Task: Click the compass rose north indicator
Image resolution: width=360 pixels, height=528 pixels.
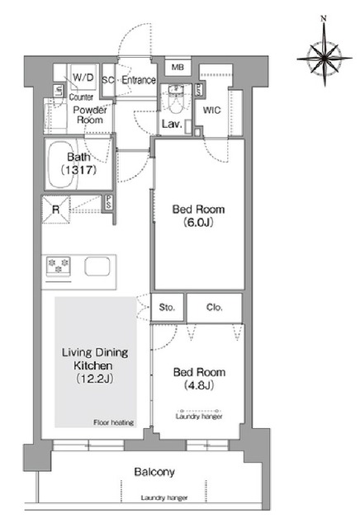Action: click(324, 18)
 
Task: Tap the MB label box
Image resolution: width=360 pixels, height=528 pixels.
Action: click(178, 67)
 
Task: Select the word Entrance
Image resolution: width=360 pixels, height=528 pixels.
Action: click(139, 80)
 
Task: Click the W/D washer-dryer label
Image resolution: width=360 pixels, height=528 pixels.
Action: click(83, 78)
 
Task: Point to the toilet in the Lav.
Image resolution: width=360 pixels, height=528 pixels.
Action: click(175, 99)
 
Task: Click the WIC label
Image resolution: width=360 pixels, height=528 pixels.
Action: click(211, 110)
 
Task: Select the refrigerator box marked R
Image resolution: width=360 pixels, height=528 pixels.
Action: click(55, 210)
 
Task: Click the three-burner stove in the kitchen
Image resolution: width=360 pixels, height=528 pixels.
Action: click(59, 266)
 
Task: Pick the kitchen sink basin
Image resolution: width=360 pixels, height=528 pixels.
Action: click(97, 266)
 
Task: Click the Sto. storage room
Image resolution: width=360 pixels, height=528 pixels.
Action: click(167, 307)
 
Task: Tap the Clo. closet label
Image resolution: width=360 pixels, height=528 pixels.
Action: click(215, 307)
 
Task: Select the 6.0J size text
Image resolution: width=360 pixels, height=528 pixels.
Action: click(199, 223)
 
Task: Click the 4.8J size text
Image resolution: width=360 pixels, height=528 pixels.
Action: click(199, 385)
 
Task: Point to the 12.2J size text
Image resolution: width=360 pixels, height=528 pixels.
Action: click(94, 379)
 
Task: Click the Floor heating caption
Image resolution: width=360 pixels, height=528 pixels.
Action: click(114, 422)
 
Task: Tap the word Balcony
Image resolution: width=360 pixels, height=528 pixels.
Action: click(154, 472)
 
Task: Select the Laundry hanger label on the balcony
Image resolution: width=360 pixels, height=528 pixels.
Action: click(164, 497)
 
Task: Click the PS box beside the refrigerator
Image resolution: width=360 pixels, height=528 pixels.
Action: click(108, 203)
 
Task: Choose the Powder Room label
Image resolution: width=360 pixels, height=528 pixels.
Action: click(90, 115)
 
